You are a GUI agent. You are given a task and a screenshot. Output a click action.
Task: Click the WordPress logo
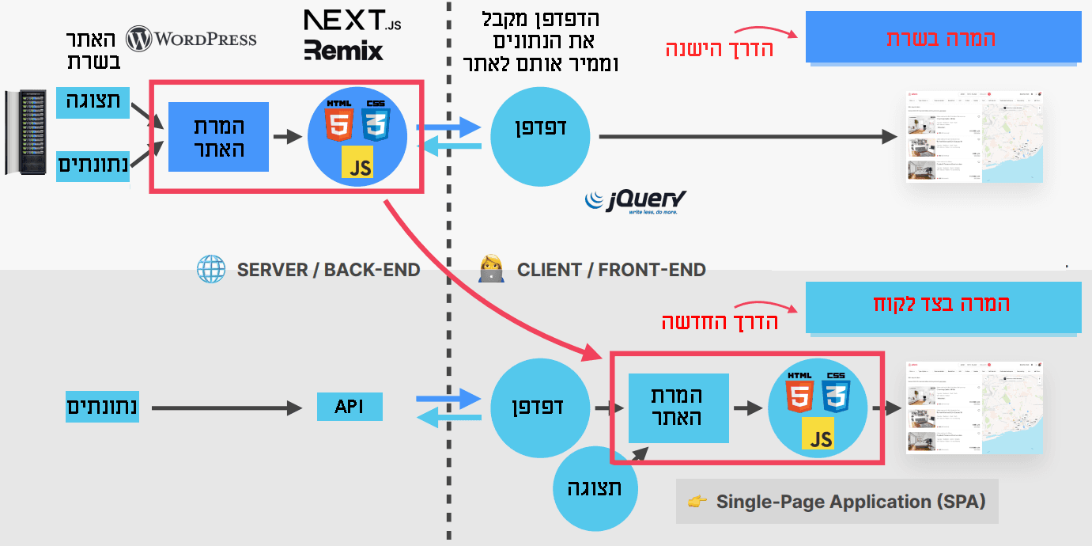191,39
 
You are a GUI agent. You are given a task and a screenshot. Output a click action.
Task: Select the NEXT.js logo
352,21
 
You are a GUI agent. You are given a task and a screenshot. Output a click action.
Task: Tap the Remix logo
344,51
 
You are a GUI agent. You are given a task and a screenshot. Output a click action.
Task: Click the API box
349,408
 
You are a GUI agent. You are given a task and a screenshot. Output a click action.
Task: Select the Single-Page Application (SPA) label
850,502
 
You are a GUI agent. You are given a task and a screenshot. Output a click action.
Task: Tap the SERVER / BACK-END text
328,270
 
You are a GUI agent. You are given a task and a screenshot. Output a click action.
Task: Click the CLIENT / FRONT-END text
610,270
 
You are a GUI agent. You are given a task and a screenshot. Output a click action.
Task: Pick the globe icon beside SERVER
211,270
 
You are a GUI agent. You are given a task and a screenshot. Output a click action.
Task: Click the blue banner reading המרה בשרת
943,37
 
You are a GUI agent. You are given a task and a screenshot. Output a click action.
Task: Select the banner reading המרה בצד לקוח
943,305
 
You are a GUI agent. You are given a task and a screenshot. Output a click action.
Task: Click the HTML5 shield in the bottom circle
800,393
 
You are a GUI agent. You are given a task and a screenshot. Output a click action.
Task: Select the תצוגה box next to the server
93,103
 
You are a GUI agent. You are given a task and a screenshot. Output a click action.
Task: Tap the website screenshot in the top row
974,138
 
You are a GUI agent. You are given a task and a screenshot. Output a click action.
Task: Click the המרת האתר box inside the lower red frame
678,408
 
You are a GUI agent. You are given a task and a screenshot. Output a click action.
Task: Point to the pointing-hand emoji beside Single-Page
697,502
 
